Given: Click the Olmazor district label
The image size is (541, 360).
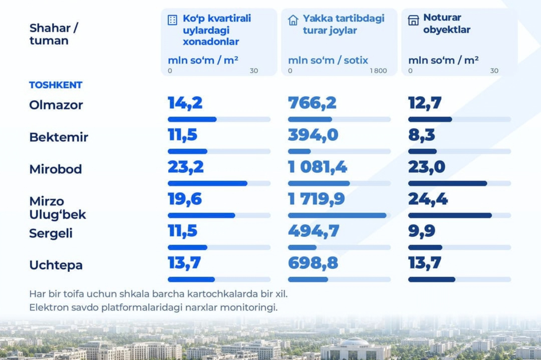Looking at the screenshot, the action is (x=56, y=105).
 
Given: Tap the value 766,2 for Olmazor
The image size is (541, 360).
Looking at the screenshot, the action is (x=312, y=103).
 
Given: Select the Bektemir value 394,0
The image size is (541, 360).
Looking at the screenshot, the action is (x=313, y=135).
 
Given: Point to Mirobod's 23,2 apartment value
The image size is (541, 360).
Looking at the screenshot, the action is (x=185, y=167).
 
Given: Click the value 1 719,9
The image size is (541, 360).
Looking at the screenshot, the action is (x=317, y=199).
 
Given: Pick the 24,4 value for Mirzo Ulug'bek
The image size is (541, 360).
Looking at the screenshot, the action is (x=428, y=199).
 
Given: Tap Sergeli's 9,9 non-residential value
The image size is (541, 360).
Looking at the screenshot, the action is (x=421, y=231).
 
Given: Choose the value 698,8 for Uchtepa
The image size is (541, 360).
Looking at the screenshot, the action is (x=313, y=263).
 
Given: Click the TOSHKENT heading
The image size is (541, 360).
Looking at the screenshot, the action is (x=56, y=85).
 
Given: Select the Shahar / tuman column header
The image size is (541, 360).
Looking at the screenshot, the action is (x=54, y=34).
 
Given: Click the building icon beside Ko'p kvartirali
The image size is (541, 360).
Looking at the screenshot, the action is (x=172, y=20).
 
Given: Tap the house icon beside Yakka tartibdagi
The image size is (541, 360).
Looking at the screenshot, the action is (x=293, y=20).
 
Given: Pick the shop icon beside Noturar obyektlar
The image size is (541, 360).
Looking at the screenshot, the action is (x=413, y=20).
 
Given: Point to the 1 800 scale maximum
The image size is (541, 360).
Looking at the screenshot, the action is (x=378, y=71).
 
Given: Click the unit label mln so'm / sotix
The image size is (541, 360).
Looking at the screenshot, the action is (x=328, y=60).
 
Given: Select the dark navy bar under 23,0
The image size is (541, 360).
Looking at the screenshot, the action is (x=448, y=184).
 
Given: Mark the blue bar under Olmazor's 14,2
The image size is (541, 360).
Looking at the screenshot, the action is (x=192, y=119).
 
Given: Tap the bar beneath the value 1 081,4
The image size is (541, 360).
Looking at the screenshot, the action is (x=319, y=184).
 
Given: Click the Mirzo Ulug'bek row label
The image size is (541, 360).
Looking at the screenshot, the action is (x=58, y=208).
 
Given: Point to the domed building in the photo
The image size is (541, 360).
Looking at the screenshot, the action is (x=355, y=349).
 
